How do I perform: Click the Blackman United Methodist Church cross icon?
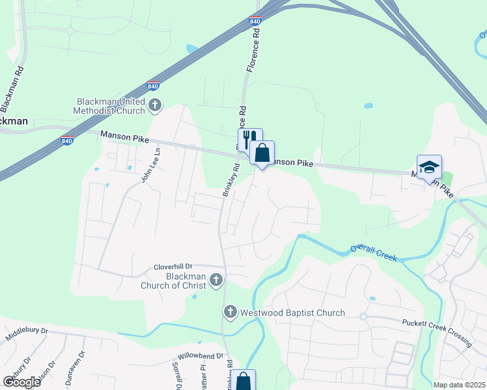pos(155,105)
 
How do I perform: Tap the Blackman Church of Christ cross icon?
pos(216,280)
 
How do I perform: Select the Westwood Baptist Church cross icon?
pos(229,313)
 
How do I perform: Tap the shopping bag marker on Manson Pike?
pos(262,154)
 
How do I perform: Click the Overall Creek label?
pos(373,252)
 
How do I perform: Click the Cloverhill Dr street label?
pos(173,266)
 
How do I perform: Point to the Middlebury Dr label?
pos(27,335)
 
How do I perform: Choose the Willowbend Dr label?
pos(201,357)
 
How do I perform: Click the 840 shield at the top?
pos(255,21)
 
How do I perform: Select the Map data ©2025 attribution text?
pos(459,385)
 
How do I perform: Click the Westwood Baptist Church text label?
pos(292,313)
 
